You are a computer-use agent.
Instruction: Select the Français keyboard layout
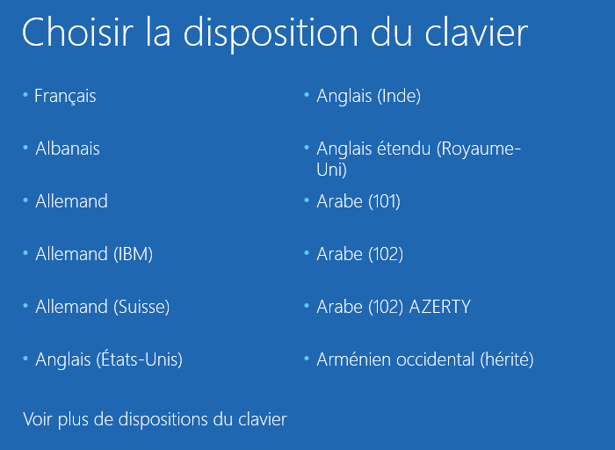[65, 96]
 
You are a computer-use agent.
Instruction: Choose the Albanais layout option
[68, 149]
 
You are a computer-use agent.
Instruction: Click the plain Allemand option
[71, 201]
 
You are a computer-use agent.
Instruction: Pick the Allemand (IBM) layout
[94, 254]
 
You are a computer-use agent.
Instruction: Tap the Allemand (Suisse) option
[102, 307]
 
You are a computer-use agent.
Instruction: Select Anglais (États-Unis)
[109, 359]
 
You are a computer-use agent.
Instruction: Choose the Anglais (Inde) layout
[368, 96]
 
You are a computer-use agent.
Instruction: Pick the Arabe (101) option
[358, 201]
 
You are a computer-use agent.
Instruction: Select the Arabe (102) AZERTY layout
[393, 307]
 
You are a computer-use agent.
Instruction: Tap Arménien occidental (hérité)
[424, 359]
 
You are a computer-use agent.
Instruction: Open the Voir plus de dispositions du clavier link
[155, 419]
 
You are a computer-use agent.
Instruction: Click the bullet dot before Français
[25, 93]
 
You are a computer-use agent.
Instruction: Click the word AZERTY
[439, 307]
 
